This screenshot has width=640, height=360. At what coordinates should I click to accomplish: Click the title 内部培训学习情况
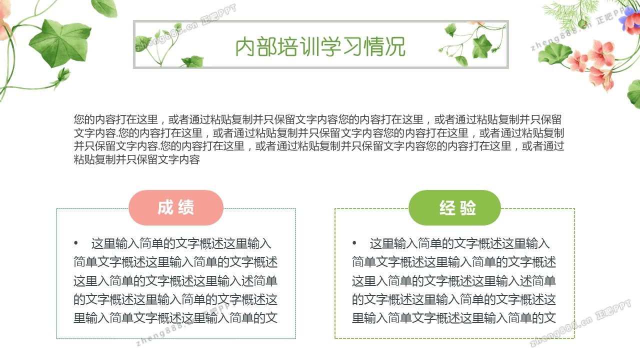click(320, 46)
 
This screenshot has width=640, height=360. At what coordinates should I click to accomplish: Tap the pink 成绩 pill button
click(175, 207)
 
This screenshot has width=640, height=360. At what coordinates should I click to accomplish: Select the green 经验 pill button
click(455, 207)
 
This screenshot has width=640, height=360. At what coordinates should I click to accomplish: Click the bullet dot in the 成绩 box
click(75, 243)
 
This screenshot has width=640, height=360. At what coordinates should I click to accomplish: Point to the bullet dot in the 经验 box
click(354, 243)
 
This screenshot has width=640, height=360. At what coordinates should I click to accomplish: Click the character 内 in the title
click(245, 47)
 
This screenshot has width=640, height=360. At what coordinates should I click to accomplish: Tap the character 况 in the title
click(395, 47)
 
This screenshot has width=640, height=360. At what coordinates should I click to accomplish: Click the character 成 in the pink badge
click(165, 207)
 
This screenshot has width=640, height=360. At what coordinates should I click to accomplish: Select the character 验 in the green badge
click(467, 207)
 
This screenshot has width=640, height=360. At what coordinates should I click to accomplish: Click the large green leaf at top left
click(60, 43)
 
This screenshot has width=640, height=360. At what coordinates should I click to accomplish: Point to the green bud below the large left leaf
click(63, 75)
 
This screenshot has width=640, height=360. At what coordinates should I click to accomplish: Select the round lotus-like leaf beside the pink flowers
click(553, 53)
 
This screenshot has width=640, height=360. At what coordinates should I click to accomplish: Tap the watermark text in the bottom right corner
click(580, 323)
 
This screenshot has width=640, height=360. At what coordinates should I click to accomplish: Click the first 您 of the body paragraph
click(79, 119)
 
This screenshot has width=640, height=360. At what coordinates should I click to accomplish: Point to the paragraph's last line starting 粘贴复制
click(137, 159)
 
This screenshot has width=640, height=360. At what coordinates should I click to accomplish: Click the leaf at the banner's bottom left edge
click(193, 61)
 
